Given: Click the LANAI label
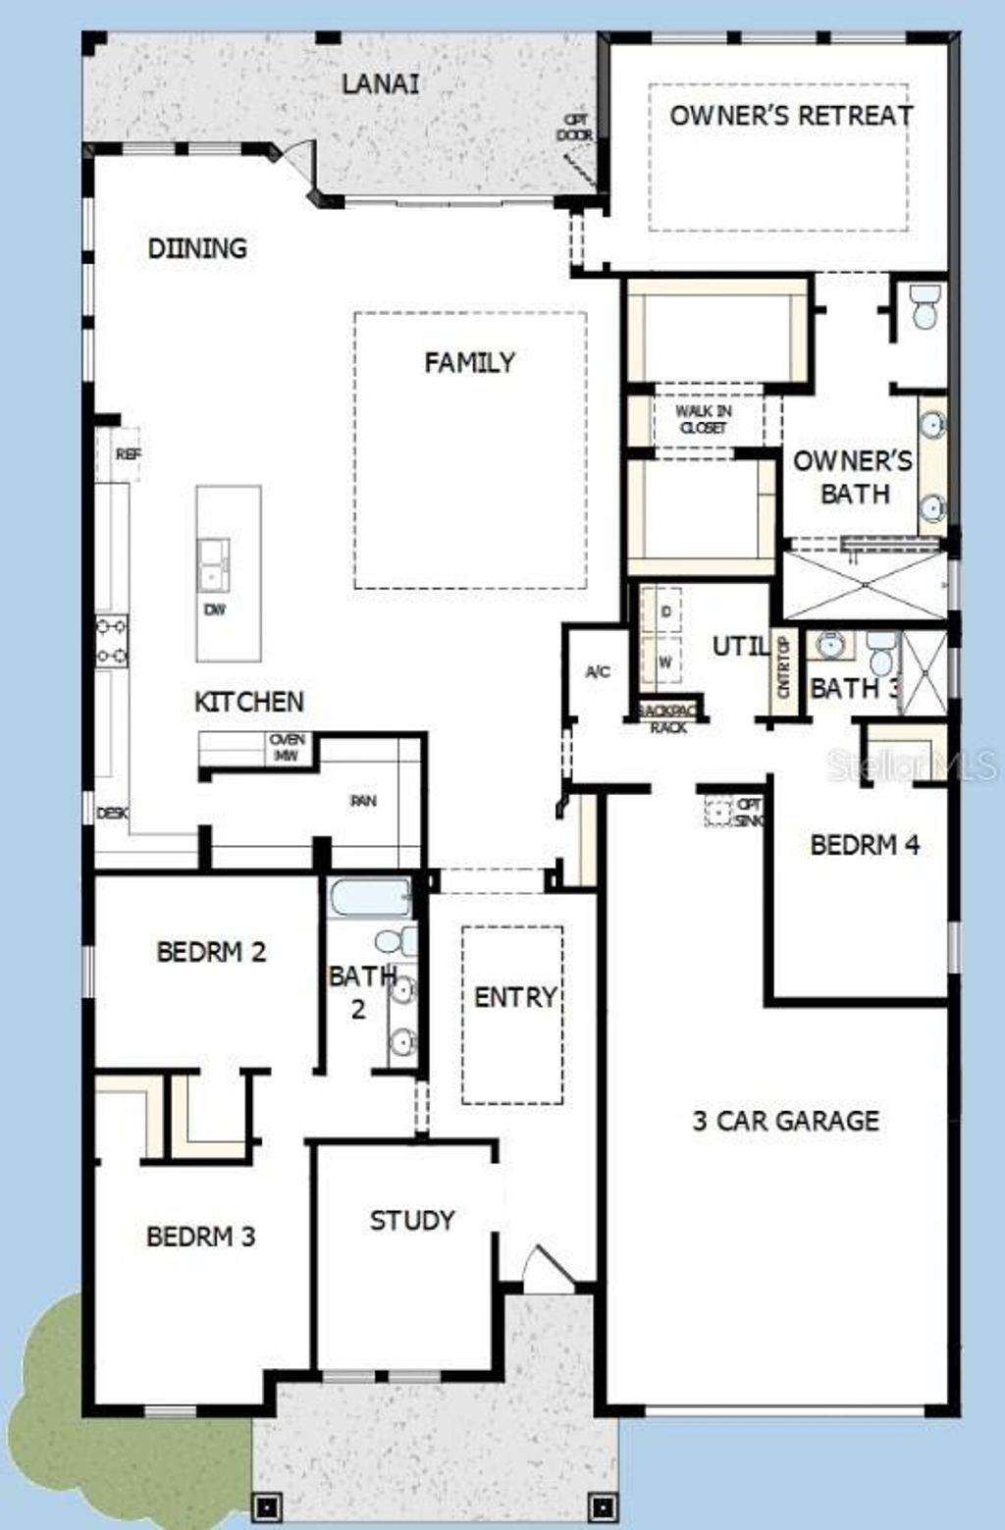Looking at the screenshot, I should click(x=380, y=84).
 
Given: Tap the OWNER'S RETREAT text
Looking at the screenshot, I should click(x=791, y=116).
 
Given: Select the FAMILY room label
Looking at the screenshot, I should click(x=469, y=363).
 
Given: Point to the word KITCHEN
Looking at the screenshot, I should click(x=249, y=702).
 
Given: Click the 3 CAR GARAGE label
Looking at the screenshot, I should click(x=785, y=1121).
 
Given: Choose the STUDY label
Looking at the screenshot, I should click(x=412, y=1221).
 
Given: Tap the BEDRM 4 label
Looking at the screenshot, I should click(x=865, y=845).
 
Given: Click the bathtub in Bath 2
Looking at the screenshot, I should click(x=370, y=897).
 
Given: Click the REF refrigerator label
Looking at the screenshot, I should click(x=128, y=454).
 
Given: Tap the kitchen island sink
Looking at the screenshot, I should click(x=213, y=564).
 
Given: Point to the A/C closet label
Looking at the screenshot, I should click(x=598, y=672).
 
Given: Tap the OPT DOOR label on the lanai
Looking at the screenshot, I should click(x=575, y=128).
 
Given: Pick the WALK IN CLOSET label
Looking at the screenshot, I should click(x=703, y=419).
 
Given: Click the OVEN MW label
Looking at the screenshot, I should click(x=288, y=748).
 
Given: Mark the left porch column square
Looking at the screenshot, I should click(x=267, y=1505).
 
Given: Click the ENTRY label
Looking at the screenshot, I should click(x=514, y=998).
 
